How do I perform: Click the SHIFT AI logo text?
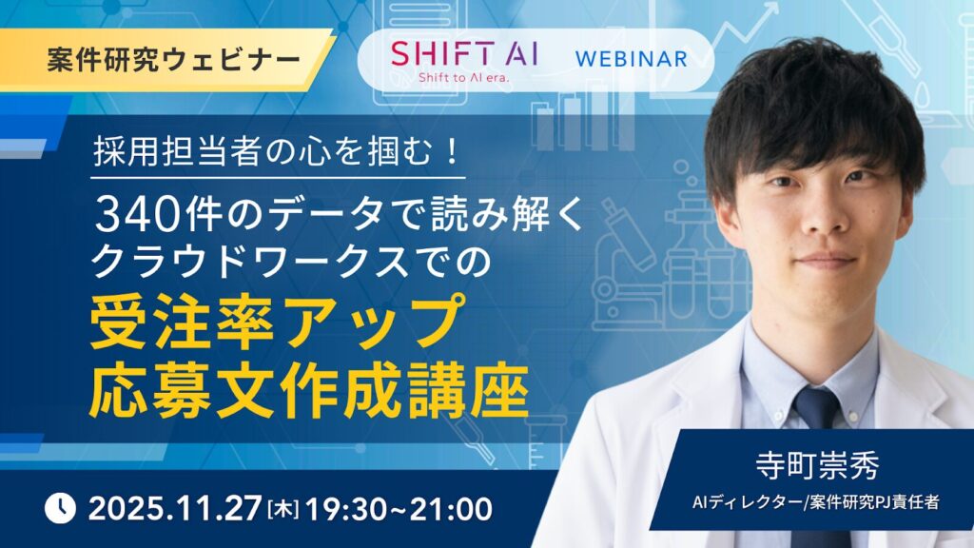[x=463, y=49]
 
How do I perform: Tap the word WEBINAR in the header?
[x=631, y=58]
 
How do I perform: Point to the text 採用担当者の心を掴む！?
[x=278, y=153]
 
